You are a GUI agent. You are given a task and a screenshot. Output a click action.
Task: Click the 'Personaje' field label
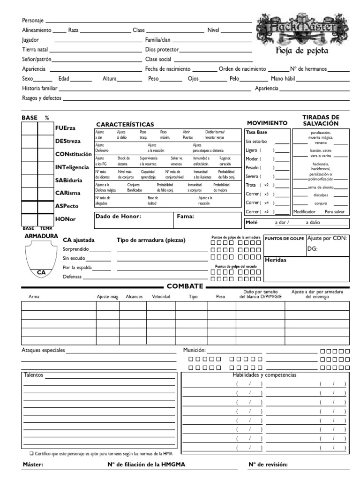click(x=33, y=21)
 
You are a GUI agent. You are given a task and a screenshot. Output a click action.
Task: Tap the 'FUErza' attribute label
click(x=65, y=128)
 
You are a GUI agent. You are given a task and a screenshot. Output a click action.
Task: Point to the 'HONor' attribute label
click(x=65, y=219)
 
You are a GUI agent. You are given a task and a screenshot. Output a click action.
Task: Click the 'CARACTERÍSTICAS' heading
click(x=125, y=124)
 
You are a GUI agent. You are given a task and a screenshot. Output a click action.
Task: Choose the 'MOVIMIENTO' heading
click(x=267, y=123)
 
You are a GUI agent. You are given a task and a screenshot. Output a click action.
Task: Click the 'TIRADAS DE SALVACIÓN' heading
click(x=321, y=120)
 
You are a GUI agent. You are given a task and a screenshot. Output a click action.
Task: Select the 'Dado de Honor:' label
click(x=118, y=217)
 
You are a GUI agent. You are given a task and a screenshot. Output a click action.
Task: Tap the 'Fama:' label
click(x=185, y=217)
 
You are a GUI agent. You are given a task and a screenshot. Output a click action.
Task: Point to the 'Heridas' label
click(x=276, y=260)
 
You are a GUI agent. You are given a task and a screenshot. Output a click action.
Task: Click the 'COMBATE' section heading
click(x=185, y=286)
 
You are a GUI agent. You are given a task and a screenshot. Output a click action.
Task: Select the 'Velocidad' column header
click(x=161, y=297)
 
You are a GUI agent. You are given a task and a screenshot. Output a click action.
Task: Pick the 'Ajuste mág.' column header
click(x=108, y=297)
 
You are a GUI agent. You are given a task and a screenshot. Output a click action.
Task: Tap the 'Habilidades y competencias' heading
click(x=264, y=375)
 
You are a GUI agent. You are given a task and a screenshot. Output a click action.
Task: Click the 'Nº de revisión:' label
click(x=268, y=465)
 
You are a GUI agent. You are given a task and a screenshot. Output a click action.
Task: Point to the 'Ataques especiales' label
click(x=44, y=350)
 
